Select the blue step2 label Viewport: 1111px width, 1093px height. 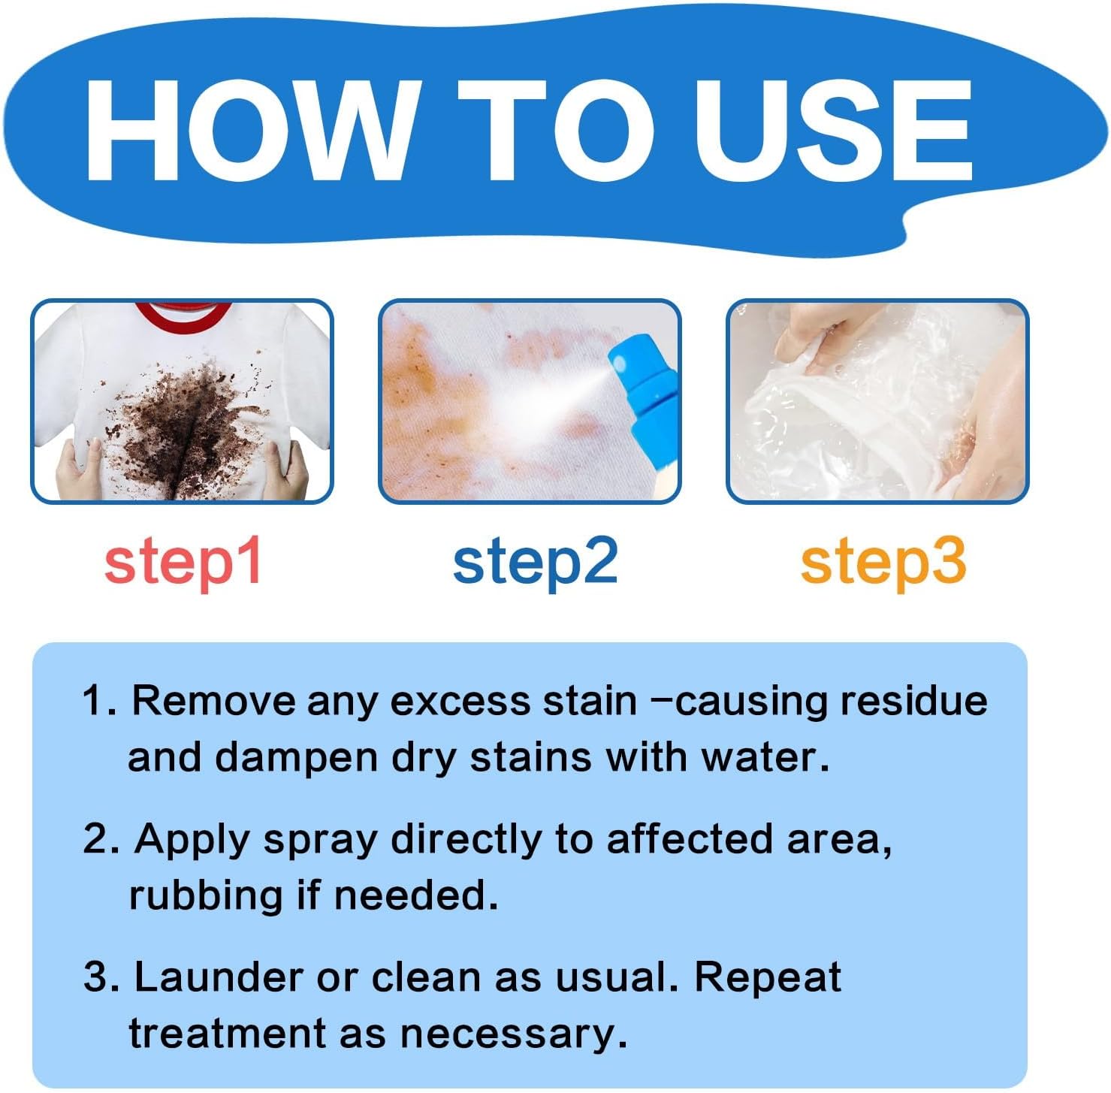tap(535, 562)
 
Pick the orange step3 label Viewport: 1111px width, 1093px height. tap(883, 562)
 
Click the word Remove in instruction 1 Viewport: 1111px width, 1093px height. tap(213, 701)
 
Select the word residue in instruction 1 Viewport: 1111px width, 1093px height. tap(913, 701)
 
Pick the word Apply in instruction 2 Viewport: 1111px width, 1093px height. tap(192, 840)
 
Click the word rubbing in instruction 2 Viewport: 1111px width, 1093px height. tap(204, 895)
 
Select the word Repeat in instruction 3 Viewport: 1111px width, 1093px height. tap(767, 977)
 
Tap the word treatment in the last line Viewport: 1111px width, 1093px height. tap(227, 1034)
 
